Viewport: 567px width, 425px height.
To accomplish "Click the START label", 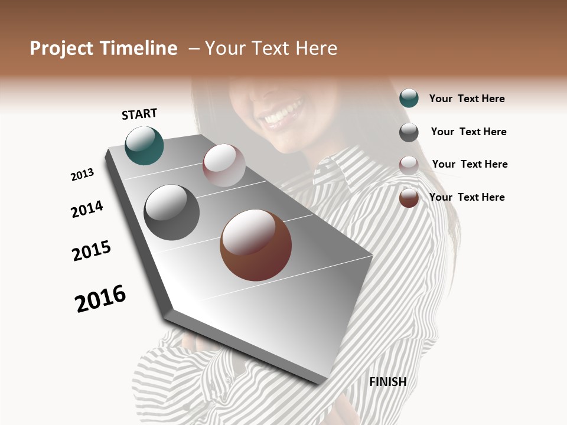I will click(139, 114).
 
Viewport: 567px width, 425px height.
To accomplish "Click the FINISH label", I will click(387, 382).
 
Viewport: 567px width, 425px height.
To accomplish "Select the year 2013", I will click(82, 175).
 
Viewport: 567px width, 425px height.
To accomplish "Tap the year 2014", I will click(87, 209).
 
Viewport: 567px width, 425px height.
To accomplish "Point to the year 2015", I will click(92, 251).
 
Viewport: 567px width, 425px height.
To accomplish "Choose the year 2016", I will click(100, 299).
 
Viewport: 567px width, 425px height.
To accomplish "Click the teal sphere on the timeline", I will click(144, 145).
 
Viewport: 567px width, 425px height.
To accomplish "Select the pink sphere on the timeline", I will click(224, 165).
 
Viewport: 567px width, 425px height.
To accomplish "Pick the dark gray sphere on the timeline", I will click(172, 212).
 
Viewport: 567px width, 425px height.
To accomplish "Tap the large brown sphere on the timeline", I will click(256, 245).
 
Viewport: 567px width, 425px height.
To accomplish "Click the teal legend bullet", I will click(409, 99).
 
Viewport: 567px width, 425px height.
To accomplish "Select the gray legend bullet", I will click(409, 132).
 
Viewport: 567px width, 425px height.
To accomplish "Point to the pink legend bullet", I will click(409, 165).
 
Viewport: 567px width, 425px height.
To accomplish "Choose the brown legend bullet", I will click(409, 198).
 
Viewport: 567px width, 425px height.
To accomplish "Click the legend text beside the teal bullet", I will click(467, 99).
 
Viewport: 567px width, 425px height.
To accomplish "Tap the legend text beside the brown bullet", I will click(467, 197).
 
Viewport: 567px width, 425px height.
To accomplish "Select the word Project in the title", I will click(62, 48).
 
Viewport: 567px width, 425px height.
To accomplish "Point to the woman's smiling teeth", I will click(282, 115).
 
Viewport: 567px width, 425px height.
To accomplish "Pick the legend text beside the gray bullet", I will click(468, 132).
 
